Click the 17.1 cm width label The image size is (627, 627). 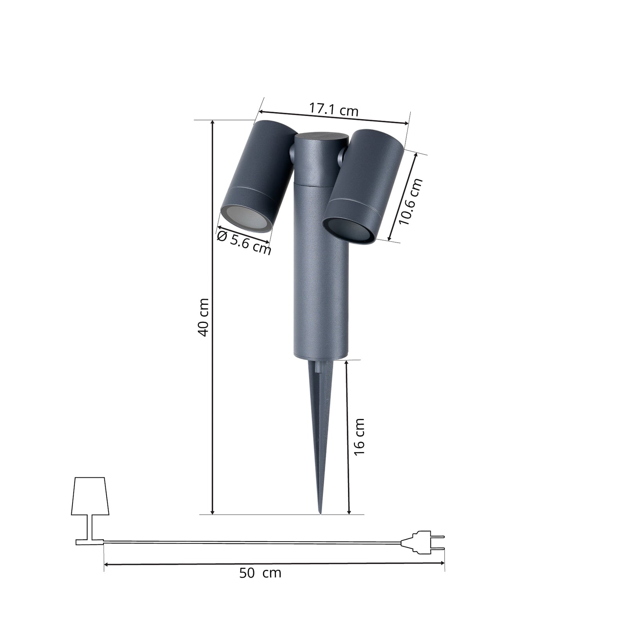[333, 109]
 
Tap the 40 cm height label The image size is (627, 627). [203, 317]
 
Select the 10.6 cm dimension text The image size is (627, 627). [410, 201]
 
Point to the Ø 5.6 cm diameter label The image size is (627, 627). [244, 242]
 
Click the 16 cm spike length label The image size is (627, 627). [359, 437]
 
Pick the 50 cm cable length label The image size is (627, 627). [260, 573]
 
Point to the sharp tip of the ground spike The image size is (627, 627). [321, 513]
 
